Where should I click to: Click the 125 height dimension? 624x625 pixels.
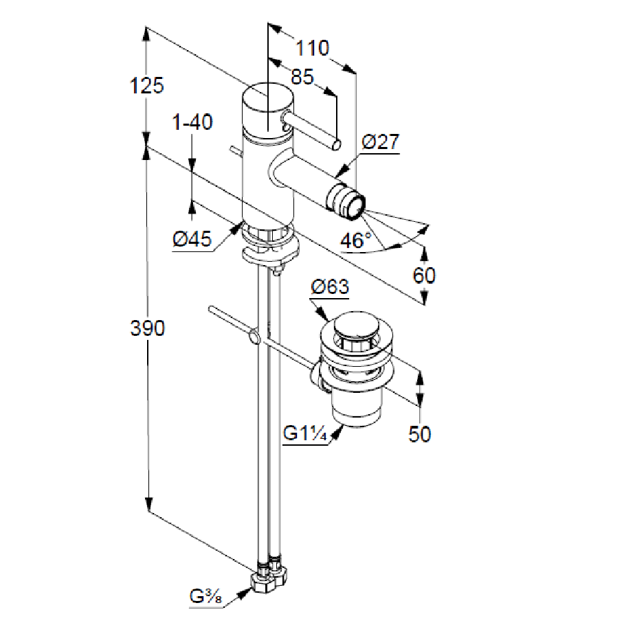tap(148, 86)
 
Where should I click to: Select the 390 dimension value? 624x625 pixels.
tap(148, 329)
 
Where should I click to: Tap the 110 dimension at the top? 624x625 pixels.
tap(312, 48)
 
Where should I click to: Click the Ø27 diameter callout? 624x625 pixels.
tap(379, 142)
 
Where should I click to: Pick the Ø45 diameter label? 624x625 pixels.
tap(192, 239)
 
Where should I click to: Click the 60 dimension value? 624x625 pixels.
tap(424, 275)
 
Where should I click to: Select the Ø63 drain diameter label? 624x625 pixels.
tap(330, 287)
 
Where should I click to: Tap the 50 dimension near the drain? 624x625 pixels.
tap(419, 434)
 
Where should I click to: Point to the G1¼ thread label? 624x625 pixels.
tap(305, 434)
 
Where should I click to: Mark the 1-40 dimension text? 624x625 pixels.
tap(192, 123)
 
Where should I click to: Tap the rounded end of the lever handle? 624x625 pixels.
tap(337, 144)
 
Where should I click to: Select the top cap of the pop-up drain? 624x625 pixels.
tap(355, 326)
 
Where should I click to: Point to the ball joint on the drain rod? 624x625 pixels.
tap(254, 337)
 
